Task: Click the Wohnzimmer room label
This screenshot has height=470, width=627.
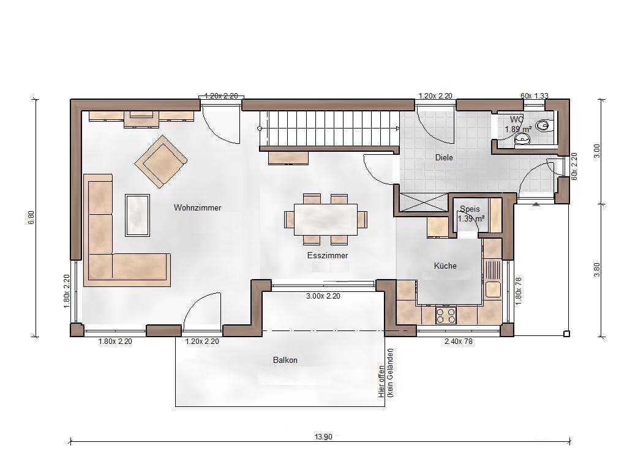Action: (197, 208)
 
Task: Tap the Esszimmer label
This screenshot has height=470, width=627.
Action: (328, 255)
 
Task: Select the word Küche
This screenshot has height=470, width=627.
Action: (445, 266)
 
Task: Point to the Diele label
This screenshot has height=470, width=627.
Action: (444, 157)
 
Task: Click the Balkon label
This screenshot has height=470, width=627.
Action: (285, 360)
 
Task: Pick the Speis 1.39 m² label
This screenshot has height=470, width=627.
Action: (471, 214)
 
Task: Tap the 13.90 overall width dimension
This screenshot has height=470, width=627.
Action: (323, 437)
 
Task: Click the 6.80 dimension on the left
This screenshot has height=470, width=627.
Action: (32, 217)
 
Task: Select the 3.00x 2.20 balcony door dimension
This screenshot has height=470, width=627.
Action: (323, 296)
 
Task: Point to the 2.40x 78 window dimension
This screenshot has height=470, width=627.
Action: (458, 341)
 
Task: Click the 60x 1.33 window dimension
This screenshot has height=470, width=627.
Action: (534, 96)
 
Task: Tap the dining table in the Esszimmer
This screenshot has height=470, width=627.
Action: (326, 220)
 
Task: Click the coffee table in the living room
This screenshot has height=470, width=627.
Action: (138, 215)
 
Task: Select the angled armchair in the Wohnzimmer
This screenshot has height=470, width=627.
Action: (161, 162)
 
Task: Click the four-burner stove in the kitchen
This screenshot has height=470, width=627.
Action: (446, 315)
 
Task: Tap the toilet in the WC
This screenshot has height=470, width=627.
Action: (544, 125)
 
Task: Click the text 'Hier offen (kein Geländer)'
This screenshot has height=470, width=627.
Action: (386, 373)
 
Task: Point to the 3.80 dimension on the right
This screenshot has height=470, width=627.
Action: (596, 269)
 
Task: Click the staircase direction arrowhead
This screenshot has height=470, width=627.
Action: (397, 129)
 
